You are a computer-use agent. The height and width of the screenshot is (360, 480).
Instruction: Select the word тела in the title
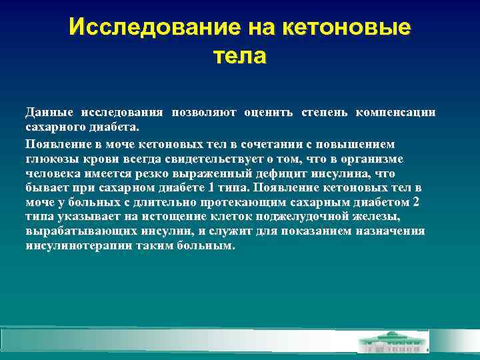pyautogui.click(x=239, y=55)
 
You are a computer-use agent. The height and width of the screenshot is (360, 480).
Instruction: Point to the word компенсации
pyautogui.click(x=395, y=111)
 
